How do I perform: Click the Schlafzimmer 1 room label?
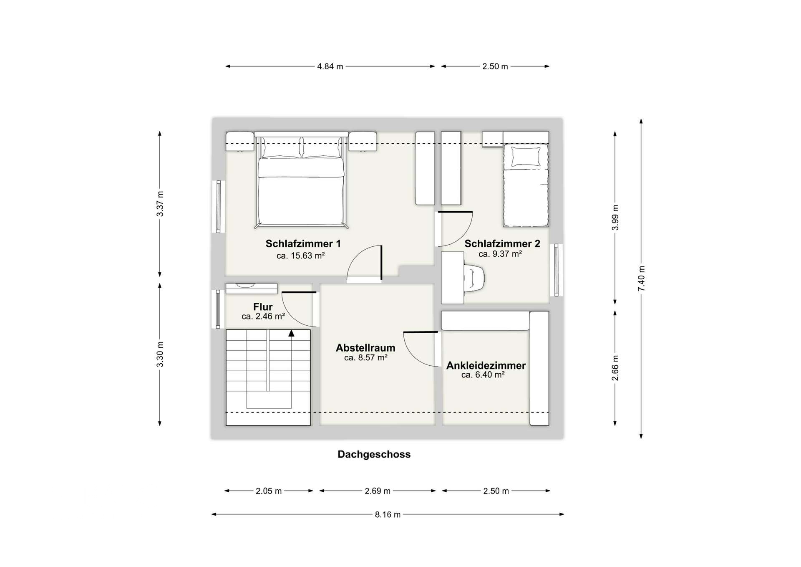303,244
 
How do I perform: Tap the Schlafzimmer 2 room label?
502,244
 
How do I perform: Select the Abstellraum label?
365,348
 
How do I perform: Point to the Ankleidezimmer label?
486,366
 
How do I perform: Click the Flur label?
263,307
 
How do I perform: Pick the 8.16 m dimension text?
387,515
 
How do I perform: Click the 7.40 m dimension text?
641,278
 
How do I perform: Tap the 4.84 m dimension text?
330,66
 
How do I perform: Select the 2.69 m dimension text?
377,491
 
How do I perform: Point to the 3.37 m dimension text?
160,204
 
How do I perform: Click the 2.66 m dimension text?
615,368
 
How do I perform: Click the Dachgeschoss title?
374,454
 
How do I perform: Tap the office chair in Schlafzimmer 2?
476,277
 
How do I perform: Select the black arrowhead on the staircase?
291,333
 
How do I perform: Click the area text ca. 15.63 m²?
300,256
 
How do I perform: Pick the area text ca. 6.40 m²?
483,375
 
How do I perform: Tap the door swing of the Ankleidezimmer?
419,350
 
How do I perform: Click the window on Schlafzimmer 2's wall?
556,270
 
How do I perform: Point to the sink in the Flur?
245,286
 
